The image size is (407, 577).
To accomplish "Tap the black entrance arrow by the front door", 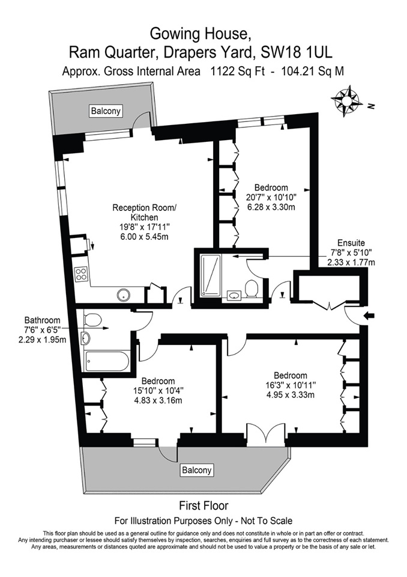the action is click(x=369, y=316).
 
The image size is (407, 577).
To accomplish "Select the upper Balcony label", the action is click(x=106, y=111).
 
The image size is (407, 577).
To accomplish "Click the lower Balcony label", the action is click(x=197, y=470).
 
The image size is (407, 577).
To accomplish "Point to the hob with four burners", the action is click(x=81, y=274).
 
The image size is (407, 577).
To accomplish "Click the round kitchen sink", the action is click(x=124, y=295).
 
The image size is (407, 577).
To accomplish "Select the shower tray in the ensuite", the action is click(x=211, y=275).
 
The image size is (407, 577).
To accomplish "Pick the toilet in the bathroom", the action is click(x=92, y=319).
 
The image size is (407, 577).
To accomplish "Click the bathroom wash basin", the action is click(x=86, y=337).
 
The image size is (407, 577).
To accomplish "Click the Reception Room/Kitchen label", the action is click(x=144, y=212).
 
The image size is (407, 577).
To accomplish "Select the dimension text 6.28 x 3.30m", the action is click(x=271, y=207).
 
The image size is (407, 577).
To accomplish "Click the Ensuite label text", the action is click(x=351, y=243).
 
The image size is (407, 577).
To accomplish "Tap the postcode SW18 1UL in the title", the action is click(x=297, y=53).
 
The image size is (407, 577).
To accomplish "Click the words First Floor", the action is click(x=203, y=505).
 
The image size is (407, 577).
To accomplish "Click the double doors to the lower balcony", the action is click(x=266, y=435).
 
